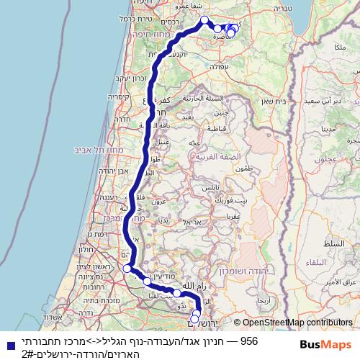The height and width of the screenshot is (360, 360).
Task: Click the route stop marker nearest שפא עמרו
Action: point(204,20)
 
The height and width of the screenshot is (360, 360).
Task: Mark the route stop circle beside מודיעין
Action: point(146,281)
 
